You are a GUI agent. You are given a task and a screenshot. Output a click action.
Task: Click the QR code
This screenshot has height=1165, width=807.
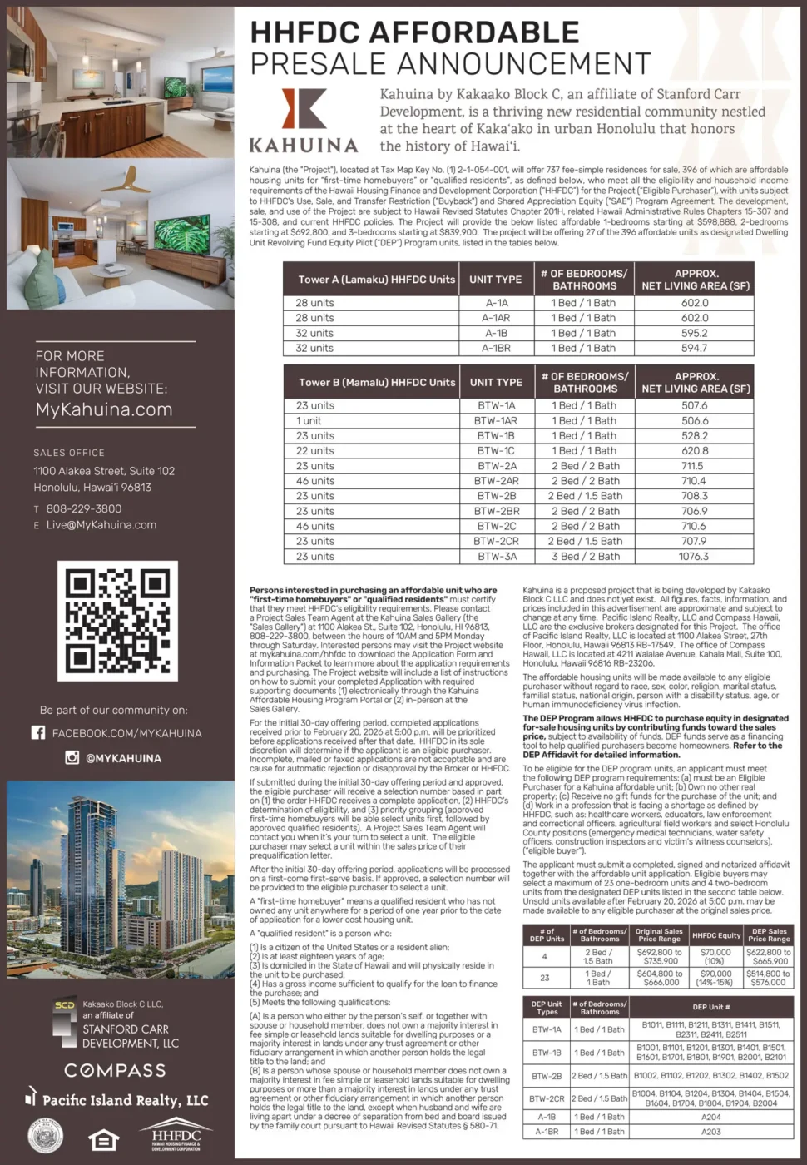(x=117, y=621)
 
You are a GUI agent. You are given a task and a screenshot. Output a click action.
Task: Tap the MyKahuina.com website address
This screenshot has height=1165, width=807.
(x=104, y=409)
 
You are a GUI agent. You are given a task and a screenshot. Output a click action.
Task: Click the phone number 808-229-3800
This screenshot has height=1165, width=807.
(x=84, y=508)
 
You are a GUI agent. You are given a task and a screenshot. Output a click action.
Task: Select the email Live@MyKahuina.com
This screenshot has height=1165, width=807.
(x=101, y=525)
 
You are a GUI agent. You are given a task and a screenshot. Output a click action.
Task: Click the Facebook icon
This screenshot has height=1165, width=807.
(x=38, y=732)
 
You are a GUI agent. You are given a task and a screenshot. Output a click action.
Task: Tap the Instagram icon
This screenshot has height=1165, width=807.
(x=72, y=757)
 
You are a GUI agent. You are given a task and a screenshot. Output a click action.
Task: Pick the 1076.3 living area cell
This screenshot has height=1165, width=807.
(x=694, y=556)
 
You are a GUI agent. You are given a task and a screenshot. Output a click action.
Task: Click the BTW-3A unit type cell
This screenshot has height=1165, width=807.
(x=496, y=556)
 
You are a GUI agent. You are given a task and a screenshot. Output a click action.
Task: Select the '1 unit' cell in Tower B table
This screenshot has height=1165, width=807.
(x=309, y=421)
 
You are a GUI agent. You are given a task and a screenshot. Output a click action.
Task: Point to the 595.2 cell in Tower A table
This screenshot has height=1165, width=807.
(x=695, y=333)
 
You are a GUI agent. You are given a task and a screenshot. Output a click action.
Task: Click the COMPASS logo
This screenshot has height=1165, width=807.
(x=115, y=1070)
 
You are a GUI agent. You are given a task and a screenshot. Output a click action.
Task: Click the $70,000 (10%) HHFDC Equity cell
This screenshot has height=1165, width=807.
(x=715, y=956)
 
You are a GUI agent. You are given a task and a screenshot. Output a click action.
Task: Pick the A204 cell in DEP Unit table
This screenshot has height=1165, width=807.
(x=711, y=1117)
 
